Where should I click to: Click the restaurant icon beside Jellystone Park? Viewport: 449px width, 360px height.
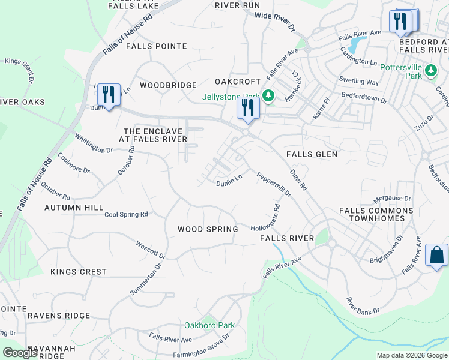[x=247, y=108]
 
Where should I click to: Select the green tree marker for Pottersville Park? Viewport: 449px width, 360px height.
[x=430, y=71]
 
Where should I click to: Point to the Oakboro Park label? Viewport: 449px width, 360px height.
[x=209, y=325]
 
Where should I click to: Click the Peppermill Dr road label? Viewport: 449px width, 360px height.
[x=274, y=185]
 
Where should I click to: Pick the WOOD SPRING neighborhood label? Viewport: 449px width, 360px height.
[x=208, y=229]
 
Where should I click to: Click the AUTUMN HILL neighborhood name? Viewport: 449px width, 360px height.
[x=74, y=207]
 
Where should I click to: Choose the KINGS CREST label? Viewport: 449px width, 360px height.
[x=79, y=272]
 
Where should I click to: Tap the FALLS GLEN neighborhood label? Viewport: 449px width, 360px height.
[x=312, y=154]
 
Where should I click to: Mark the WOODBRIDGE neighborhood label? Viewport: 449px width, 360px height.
[x=168, y=85]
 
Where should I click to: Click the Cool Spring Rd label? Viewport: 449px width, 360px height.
[x=126, y=214]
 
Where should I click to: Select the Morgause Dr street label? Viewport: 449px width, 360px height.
[x=392, y=198]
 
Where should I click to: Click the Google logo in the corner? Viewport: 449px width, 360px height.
[x=20, y=353]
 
